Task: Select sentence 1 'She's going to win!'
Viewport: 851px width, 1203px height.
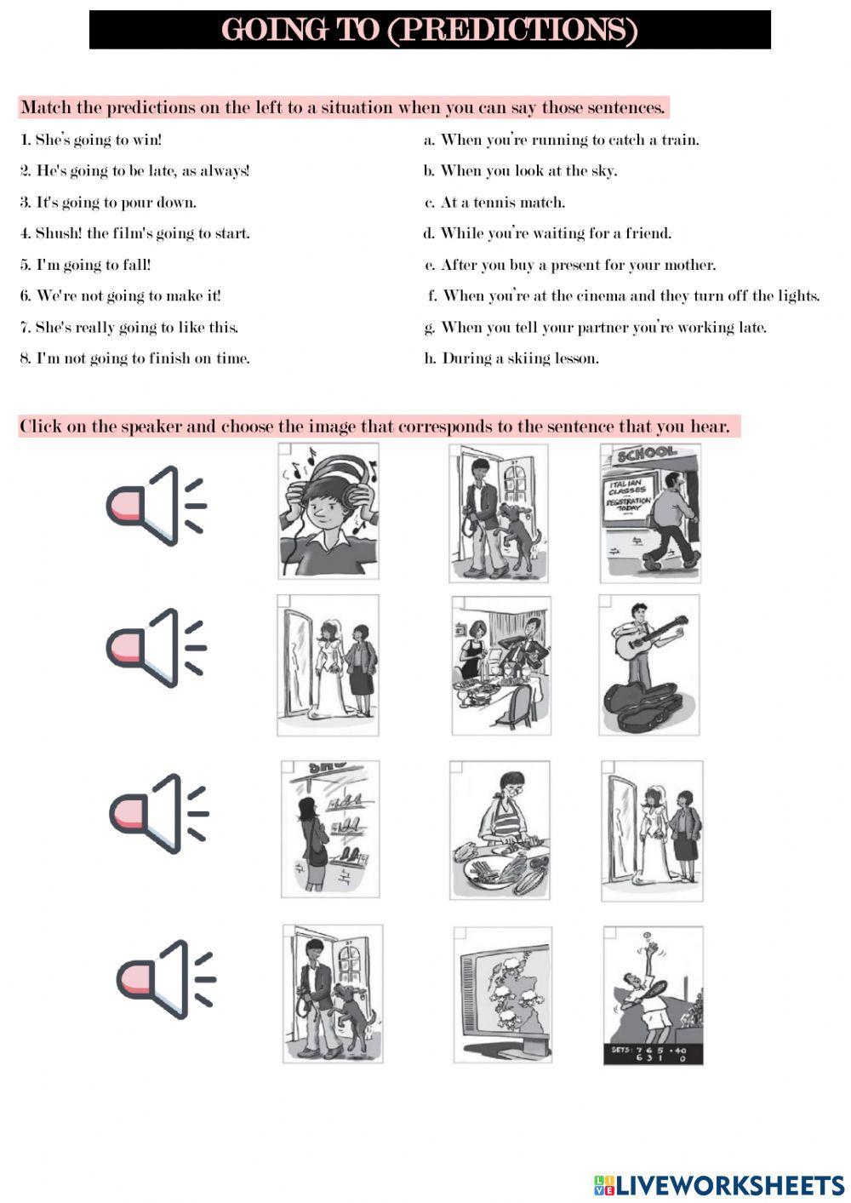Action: coord(91,140)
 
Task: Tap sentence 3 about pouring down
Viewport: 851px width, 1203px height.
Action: coord(108,203)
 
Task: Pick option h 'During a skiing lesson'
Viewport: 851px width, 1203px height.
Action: coord(511,358)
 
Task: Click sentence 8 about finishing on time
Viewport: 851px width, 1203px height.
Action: coord(135,358)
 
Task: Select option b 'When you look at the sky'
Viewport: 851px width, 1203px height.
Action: coord(520,171)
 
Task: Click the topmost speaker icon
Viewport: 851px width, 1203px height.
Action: coord(157,506)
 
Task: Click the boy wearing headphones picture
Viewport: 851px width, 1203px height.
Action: coord(328,511)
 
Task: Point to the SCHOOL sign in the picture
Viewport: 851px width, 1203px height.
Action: coord(646,454)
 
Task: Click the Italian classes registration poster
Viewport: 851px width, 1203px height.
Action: coord(628,496)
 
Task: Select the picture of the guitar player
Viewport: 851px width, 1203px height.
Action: coord(649,665)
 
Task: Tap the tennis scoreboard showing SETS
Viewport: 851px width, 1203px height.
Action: coord(653,1053)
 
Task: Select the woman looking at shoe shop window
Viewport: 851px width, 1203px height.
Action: coord(330,829)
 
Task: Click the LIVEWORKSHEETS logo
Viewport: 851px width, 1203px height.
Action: coord(719,1185)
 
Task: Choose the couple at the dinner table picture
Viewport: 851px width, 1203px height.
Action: coord(501,665)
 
